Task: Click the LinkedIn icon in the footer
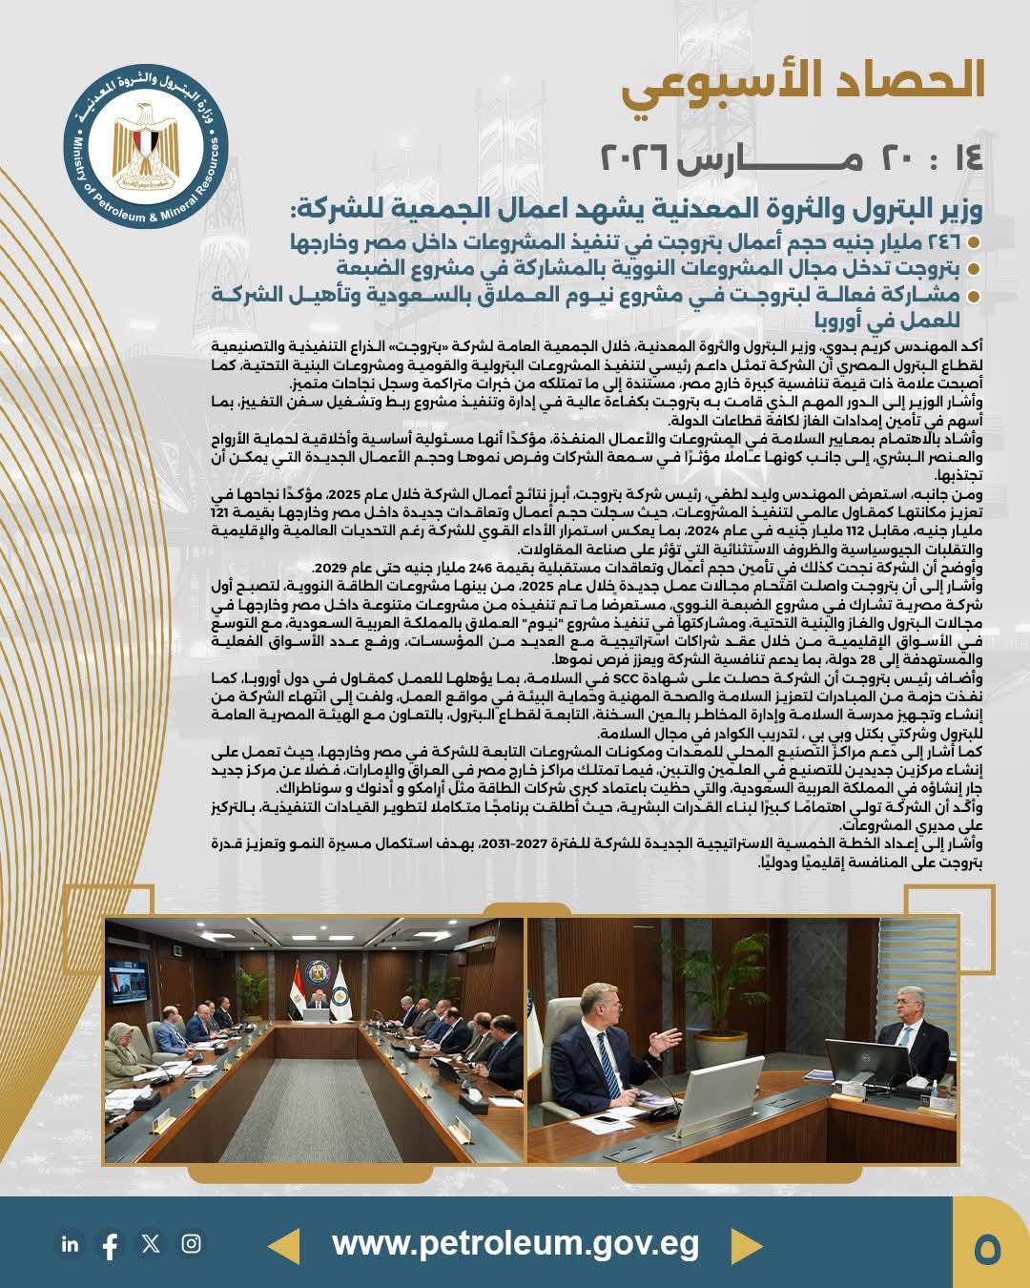pyautogui.click(x=70, y=1244)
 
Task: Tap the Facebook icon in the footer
pyautogui.click(x=110, y=1245)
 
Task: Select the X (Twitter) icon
pyautogui.click(x=151, y=1243)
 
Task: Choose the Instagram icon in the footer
pyautogui.click(x=192, y=1243)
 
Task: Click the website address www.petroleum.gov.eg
pyautogui.click(x=515, y=1244)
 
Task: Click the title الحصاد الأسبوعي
pyautogui.click(x=803, y=82)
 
